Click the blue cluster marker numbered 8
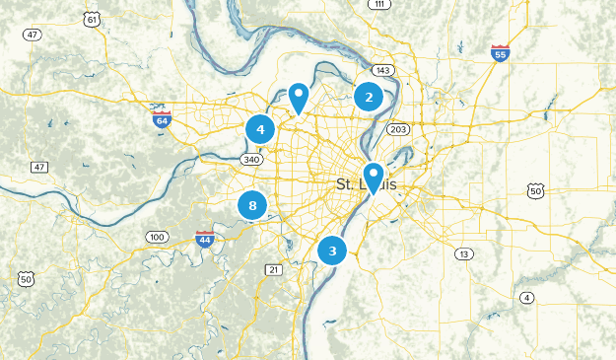253,205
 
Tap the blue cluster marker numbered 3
333,251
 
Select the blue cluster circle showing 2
369,97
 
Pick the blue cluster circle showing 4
260,128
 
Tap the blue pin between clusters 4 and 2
299,97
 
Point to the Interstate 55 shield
501,53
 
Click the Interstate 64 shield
162,118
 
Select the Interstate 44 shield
205,239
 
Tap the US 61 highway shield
92,20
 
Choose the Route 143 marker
382,69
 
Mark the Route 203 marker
398,129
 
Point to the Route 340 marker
251,160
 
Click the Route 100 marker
157,237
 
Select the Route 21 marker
274,269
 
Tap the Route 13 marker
462,254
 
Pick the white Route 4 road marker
527,298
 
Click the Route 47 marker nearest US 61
34,35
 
